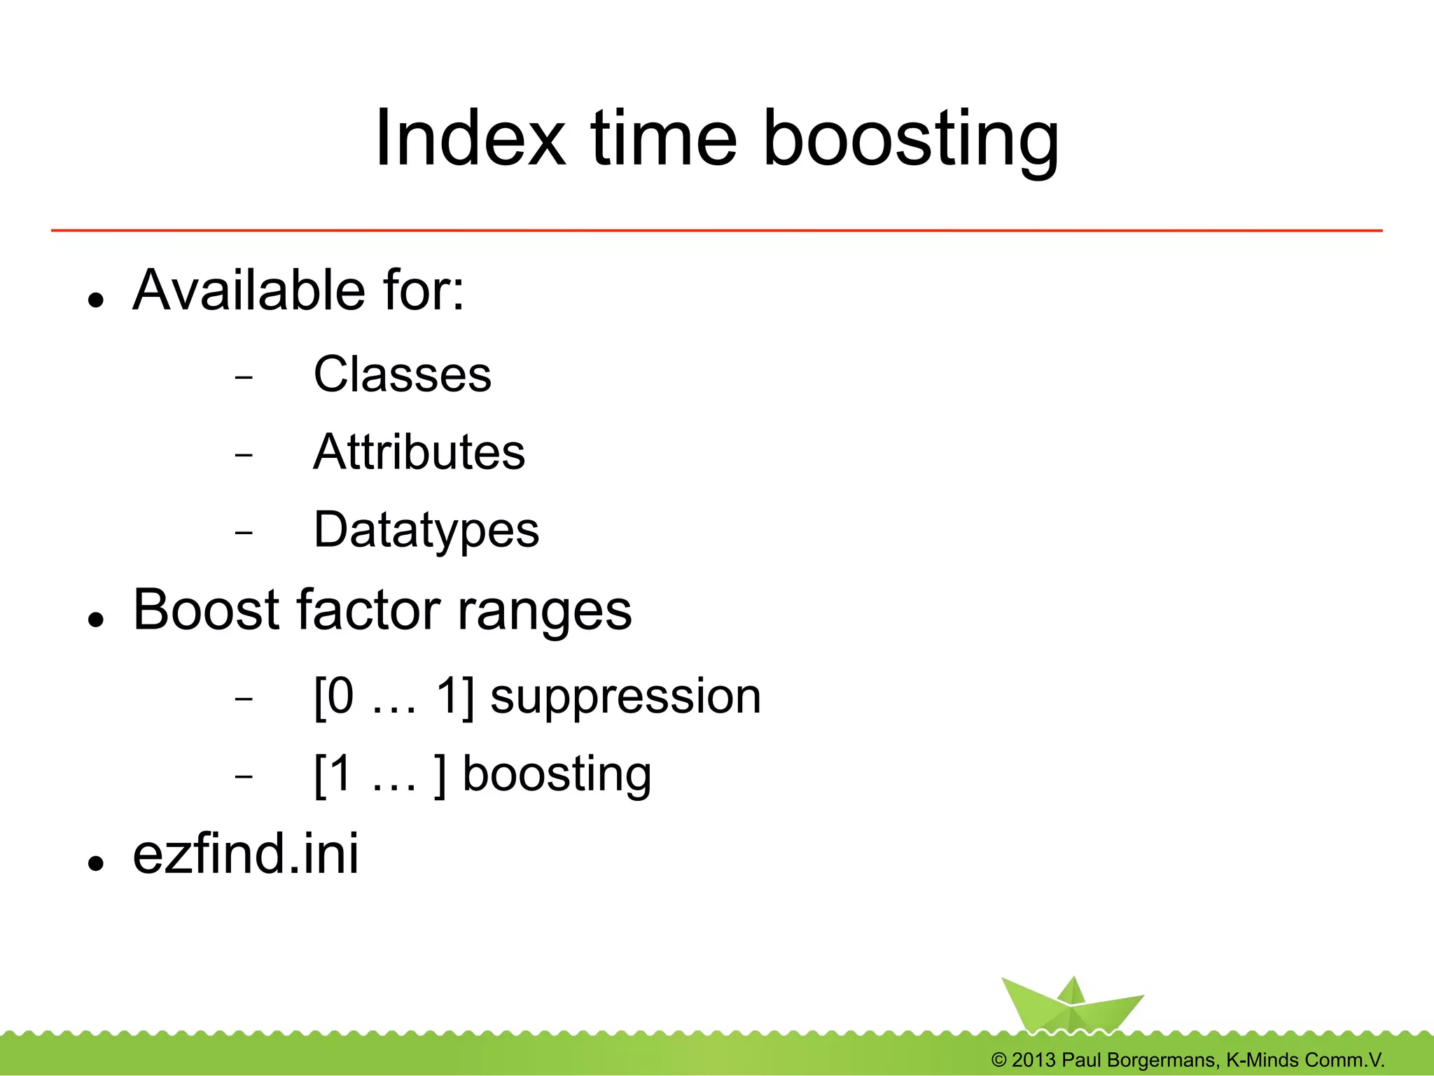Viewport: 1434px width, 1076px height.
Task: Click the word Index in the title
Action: coord(470,139)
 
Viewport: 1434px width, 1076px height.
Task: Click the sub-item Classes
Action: coord(402,375)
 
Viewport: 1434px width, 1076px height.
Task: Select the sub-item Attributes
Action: coord(419,452)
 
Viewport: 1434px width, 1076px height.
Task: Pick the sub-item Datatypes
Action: coord(426,530)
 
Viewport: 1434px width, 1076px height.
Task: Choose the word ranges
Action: coord(544,612)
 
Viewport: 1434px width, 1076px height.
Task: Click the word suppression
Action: coord(625,697)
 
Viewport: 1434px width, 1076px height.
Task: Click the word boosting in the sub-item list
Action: coord(557,775)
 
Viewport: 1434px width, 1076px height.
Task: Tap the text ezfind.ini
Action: coord(246,853)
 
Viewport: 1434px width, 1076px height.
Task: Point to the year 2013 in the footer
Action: coord(1033,1060)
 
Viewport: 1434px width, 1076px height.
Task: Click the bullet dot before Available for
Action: coord(96,300)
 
